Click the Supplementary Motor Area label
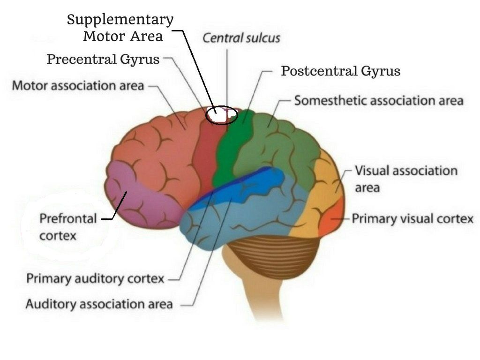coord(120,28)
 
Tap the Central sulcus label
coord(241,38)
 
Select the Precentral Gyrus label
coord(103,59)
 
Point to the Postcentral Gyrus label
coord(341,71)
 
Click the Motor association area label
coord(78,85)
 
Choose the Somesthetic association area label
coord(379,100)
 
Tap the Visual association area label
coord(406,179)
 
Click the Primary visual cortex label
coord(412,218)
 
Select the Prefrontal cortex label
coord(68,227)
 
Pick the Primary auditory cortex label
coord(95,278)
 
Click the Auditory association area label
coord(99,304)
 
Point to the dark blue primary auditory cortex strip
coord(232,187)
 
